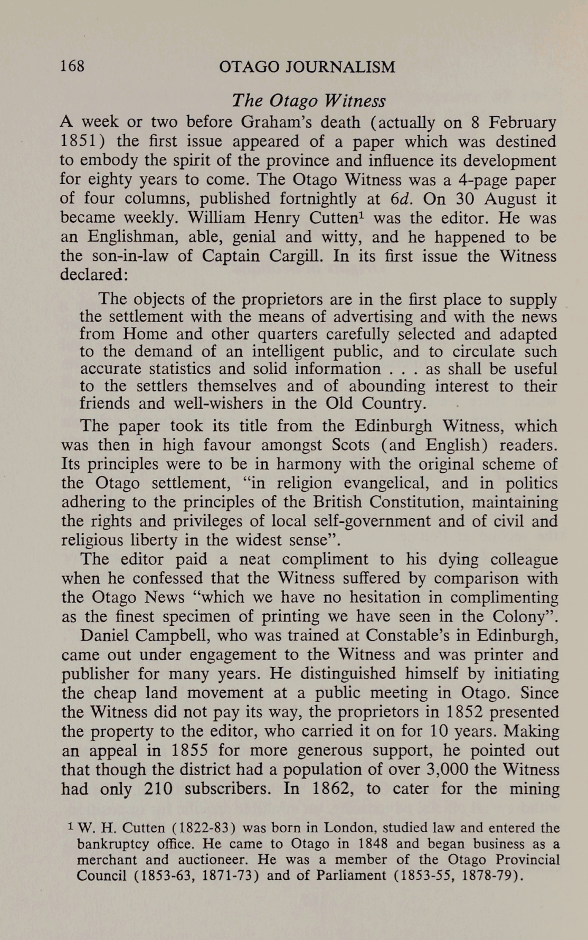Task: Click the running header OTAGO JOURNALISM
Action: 307,67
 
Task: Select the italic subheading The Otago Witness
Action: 309,100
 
